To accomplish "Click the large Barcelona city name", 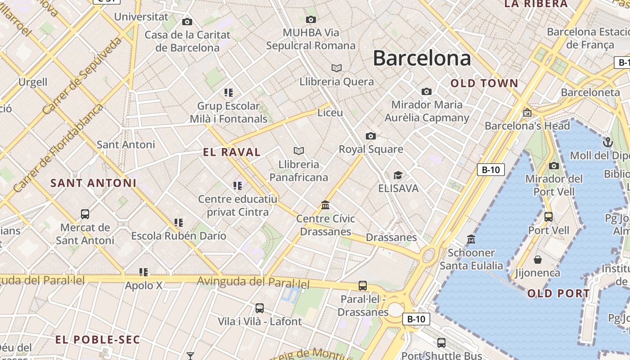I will [x=422, y=58].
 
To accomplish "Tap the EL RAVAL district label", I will [x=232, y=152].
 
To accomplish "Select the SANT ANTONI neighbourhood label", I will [x=93, y=183].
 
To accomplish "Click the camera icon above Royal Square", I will [x=370, y=136].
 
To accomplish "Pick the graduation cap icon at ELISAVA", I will [x=398, y=175].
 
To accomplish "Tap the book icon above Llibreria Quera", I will [x=336, y=68].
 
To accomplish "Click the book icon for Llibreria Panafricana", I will [x=298, y=151].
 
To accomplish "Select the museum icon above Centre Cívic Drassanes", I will [x=325, y=205].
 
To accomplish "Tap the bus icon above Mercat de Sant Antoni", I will [x=85, y=214].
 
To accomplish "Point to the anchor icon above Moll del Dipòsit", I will [x=607, y=142].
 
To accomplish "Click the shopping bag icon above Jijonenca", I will [x=537, y=260].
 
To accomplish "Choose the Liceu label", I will [x=330, y=112].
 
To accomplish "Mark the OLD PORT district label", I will [x=558, y=294].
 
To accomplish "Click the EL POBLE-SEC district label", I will [x=98, y=340].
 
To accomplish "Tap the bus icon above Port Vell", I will [x=548, y=217].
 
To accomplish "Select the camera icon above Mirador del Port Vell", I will [x=554, y=166].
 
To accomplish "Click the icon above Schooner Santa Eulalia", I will [x=471, y=239].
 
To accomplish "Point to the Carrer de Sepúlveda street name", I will [x=82, y=76].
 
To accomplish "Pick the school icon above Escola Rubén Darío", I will [x=179, y=222].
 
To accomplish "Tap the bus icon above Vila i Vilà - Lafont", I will [x=259, y=308].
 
